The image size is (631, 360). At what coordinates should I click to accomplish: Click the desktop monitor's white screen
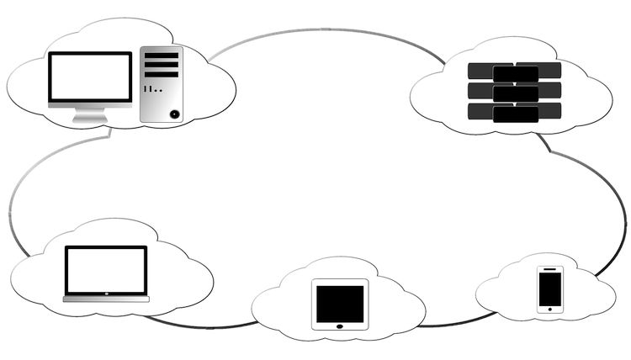click(x=90, y=77)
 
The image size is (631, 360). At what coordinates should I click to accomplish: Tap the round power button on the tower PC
click(x=174, y=113)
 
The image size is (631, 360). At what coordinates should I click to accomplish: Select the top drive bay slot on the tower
click(x=162, y=56)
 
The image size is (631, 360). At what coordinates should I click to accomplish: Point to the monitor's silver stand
click(x=89, y=116)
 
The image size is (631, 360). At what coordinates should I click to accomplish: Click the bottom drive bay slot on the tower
click(x=162, y=75)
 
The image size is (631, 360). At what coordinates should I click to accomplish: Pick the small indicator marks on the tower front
click(x=152, y=88)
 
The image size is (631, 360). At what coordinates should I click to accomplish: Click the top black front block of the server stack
click(x=516, y=73)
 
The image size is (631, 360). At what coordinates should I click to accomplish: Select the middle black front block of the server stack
click(x=516, y=93)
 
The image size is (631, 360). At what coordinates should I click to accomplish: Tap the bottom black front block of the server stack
click(x=516, y=114)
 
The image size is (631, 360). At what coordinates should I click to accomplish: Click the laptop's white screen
click(x=106, y=270)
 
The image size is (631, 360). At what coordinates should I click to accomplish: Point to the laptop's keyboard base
click(x=106, y=298)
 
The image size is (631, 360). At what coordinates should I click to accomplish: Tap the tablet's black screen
click(x=340, y=301)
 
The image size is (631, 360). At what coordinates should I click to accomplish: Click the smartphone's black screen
click(x=550, y=289)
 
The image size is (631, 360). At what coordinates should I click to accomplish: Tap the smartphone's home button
click(x=550, y=309)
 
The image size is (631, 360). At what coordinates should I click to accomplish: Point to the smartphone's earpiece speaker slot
click(x=550, y=269)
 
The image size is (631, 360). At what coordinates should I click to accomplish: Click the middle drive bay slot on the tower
click(x=162, y=65)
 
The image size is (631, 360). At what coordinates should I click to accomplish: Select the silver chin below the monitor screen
click(x=90, y=106)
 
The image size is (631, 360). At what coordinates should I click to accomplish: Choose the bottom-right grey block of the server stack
click(x=551, y=109)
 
